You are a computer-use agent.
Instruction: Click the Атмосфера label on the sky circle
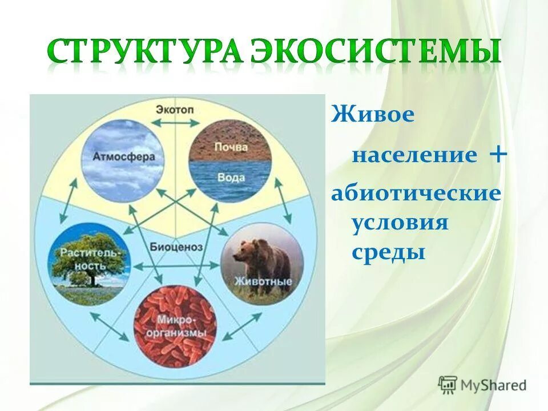pyautogui.click(x=121, y=156)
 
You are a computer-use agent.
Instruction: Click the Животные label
pyautogui.click(x=262, y=281)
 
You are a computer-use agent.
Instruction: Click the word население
pyautogui.click(x=414, y=156)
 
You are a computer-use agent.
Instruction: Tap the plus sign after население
pyautogui.click(x=498, y=154)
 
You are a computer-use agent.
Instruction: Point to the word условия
pyautogui.click(x=400, y=223)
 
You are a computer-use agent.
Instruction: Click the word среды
pyautogui.click(x=388, y=252)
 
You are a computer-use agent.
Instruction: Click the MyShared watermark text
pyautogui.click(x=493, y=385)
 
